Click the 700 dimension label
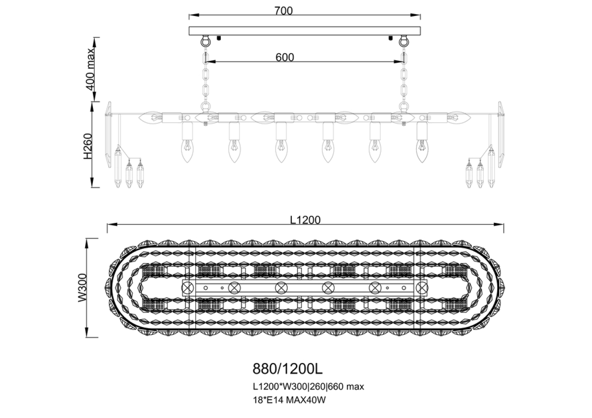tap(283, 11)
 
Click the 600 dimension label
tap(285, 57)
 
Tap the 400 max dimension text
tap(90, 69)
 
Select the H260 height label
tap(88, 146)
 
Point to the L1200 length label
tap(305, 220)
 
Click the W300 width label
tap(83, 287)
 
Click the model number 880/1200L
tap(287, 369)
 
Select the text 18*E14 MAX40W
tap(289, 400)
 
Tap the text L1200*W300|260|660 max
tap(308, 387)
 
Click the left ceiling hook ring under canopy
tap(205, 41)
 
